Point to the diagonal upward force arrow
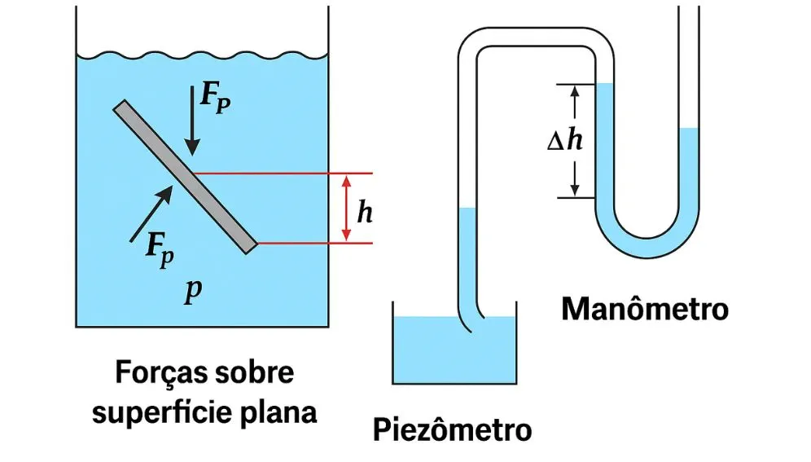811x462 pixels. [152, 213]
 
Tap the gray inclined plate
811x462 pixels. [186, 176]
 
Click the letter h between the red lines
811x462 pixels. [366, 213]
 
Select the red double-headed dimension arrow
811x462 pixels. [347, 208]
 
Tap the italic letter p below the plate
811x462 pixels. [192, 291]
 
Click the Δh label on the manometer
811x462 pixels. [564, 140]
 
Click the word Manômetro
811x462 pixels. [644, 310]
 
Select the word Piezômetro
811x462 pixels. [452, 429]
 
